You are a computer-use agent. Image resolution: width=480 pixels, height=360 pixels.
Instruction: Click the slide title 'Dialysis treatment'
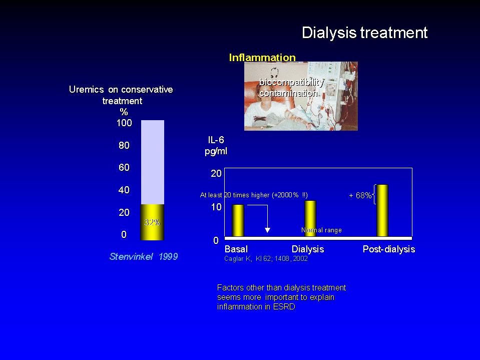click(x=364, y=33)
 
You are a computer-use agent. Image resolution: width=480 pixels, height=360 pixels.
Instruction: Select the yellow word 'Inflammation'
click(x=262, y=57)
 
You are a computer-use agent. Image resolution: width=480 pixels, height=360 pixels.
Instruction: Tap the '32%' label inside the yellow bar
click(x=152, y=222)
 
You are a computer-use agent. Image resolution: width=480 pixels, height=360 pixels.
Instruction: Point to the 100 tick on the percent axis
click(x=124, y=123)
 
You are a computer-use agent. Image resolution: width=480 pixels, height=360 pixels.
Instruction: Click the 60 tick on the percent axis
click(x=124, y=167)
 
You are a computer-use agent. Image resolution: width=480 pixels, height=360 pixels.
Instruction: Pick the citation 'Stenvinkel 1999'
click(x=144, y=256)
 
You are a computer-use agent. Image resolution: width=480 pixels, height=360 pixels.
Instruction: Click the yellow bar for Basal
click(x=238, y=220)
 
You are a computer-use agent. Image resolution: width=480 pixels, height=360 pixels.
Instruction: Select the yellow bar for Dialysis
click(x=310, y=219)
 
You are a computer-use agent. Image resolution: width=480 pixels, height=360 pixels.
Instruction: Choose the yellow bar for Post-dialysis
click(x=382, y=211)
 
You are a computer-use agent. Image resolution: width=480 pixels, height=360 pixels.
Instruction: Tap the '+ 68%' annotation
click(x=360, y=195)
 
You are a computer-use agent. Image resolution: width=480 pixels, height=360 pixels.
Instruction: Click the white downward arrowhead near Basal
click(x=267, y=230)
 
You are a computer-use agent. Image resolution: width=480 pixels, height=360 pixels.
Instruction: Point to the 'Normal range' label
click(x=321, y=230)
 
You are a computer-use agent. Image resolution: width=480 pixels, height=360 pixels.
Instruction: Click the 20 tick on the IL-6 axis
click(x=216, y=174)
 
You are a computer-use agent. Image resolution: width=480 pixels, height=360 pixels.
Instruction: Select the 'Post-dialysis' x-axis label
click(x=389, y=249)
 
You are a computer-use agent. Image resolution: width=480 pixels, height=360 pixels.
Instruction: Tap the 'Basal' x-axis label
click(x=236, y=249)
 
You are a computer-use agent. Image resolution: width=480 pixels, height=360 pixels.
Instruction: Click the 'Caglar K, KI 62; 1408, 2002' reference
click(x=266, y=259)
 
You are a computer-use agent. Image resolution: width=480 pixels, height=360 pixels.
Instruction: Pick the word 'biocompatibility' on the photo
click(x=291, y=82)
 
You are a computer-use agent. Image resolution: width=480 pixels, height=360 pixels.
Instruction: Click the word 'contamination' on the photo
click(x=288, y=93)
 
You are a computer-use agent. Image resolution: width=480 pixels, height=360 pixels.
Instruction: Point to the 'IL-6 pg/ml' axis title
click(x=216, y=145)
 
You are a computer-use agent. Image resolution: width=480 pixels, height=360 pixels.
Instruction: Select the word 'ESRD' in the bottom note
click(x=284, y=307)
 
